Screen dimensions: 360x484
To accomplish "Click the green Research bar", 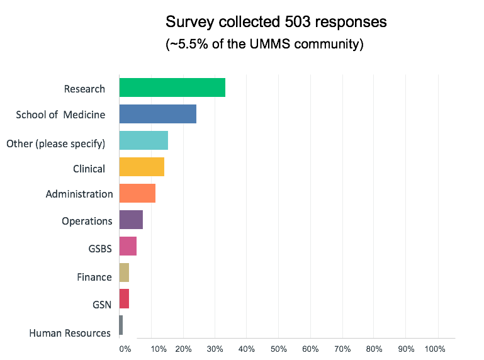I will (172, 87).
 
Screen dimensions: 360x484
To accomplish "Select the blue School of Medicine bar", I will (157, 114).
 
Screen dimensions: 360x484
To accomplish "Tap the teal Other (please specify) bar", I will (144, 140).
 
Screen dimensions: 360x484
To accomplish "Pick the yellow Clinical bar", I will (142, 167).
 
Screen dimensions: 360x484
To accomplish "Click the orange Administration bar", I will (137, 193).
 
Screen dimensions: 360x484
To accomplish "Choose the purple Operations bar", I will (131, 220).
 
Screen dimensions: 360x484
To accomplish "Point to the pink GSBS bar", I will (128, 246).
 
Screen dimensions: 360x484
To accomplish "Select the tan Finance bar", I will (124, 273).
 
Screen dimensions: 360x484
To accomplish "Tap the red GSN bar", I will (124, 299).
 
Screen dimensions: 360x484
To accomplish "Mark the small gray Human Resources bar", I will (121, 325).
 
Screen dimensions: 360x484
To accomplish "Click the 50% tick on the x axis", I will (278, 349).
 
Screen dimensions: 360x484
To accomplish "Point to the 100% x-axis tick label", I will (435, 349).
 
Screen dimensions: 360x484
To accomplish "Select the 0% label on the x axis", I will (125, 349).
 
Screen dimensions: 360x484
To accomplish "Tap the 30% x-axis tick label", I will (215, 349).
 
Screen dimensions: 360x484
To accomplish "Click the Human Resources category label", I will (70, 333).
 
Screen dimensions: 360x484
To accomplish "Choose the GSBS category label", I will (100, 249).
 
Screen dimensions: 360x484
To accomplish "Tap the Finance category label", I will (94, 277).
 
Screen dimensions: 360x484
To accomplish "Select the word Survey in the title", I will (186, 23).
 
